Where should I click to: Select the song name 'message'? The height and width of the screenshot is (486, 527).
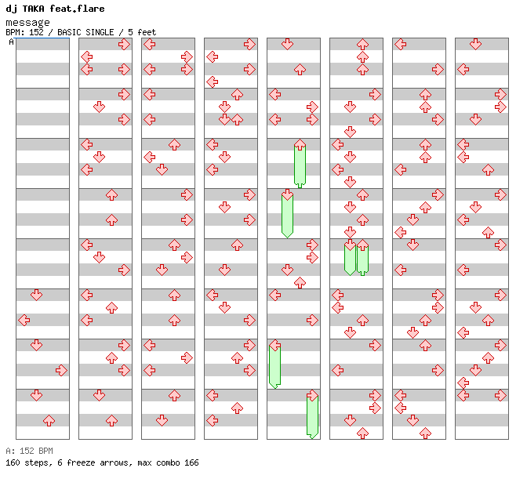pyautogui.click(x=27, y=23)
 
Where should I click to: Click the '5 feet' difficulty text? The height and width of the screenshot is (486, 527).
pyautogui.click(x=144, y=33)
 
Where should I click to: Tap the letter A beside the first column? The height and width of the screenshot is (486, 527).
pyautogui.click(x=11, y=42)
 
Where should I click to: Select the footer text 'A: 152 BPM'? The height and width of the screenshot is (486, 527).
pyautogui.click(x=29, y=452)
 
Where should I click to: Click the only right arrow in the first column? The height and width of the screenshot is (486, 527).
pyautogui.click(x=61, y=370)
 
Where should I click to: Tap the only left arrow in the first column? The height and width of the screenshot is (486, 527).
pyautogui.click(x=24, y=320)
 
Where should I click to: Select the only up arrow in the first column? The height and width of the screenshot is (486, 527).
pyautogui.click(x=49, y=420)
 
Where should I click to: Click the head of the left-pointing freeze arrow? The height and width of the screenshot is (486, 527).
pyautogui.click(x=274, y=345)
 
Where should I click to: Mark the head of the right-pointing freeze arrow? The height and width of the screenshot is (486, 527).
pyautogui.click(x=312, y=395)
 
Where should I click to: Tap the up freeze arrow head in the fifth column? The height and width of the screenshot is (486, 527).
pyautogui.click(x=300, y=144)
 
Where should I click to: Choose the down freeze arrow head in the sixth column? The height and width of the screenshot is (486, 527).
pyautogui.click(x=350, y=245)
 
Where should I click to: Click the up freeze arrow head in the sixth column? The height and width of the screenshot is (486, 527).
pyautogui.click(x=362, y=245)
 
